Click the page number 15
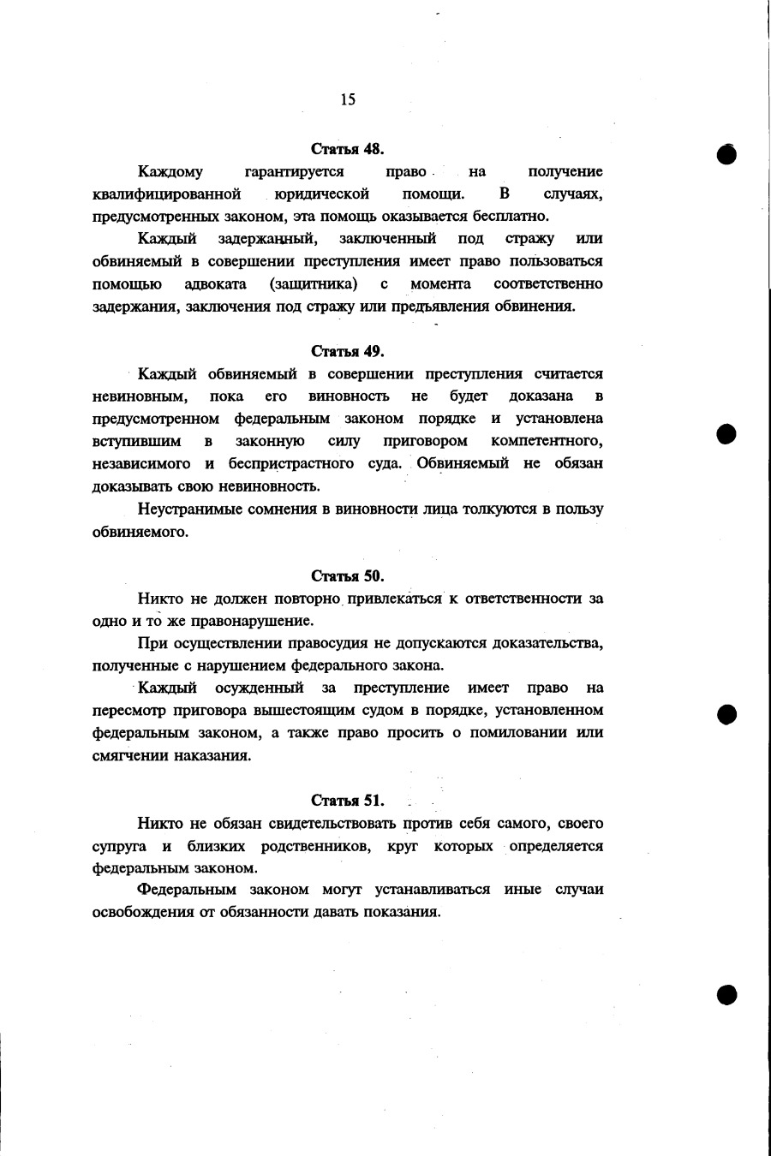coord(348,99)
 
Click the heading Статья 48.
coord(347,148)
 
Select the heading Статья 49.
coord(347,351)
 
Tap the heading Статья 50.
coord(347,575)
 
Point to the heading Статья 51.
coord(347,801)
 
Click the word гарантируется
coord(294,171)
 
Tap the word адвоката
coord(216,283)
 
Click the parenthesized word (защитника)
coord(313,283)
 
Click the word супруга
coord(119,846)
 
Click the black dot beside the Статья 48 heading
coord(727,154)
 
